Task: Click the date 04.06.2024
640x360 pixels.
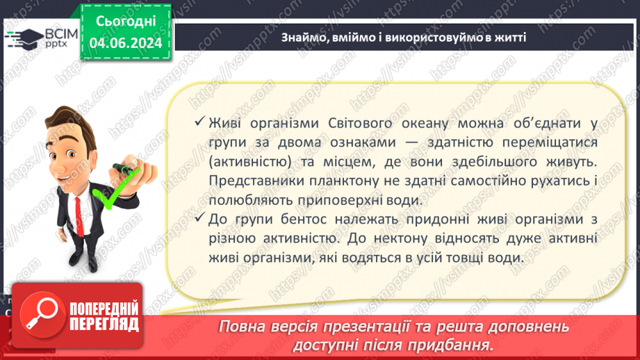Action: (x=126, y=43)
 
